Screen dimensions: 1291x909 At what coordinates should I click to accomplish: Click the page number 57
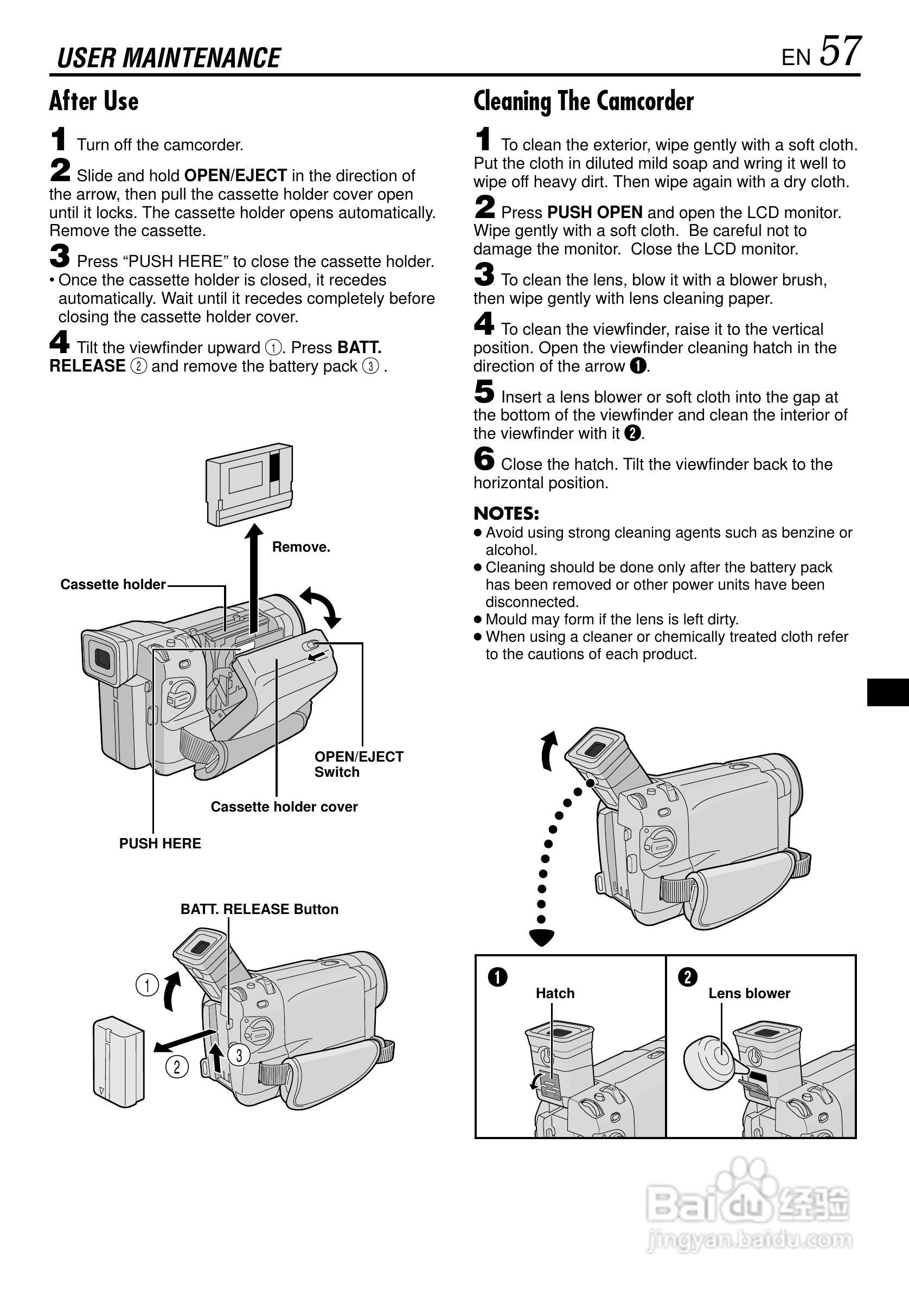(x=840, y=52)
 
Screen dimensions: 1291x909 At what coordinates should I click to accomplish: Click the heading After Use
(x=94, y=101)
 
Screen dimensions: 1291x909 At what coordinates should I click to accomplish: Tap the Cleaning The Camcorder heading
(x=583, y=101)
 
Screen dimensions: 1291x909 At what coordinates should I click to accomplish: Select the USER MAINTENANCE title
(x=169, y=58)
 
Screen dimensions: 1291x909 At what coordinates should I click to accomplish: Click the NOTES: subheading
(x=506, y=513)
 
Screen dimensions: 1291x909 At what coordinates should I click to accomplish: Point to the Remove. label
(x=301, y=547)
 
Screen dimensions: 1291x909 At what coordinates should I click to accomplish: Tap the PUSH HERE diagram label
(x=159, y=843)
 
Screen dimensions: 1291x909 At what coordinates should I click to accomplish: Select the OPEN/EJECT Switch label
(x=359, y=764)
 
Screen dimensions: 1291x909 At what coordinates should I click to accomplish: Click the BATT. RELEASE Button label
(x=259, y=909)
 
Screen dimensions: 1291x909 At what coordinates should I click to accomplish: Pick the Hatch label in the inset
(x=555, y=993)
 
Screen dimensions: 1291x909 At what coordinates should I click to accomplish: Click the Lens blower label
(x=749, y=993)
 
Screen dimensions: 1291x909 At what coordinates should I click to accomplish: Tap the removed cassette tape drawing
(x=249, y=483)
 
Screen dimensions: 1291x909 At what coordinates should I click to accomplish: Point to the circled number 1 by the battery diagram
(x=148, y=985)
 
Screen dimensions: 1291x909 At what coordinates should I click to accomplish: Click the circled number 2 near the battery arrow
(x=177, y=1066)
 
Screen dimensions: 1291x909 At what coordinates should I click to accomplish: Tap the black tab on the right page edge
(x=888, y=692)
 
